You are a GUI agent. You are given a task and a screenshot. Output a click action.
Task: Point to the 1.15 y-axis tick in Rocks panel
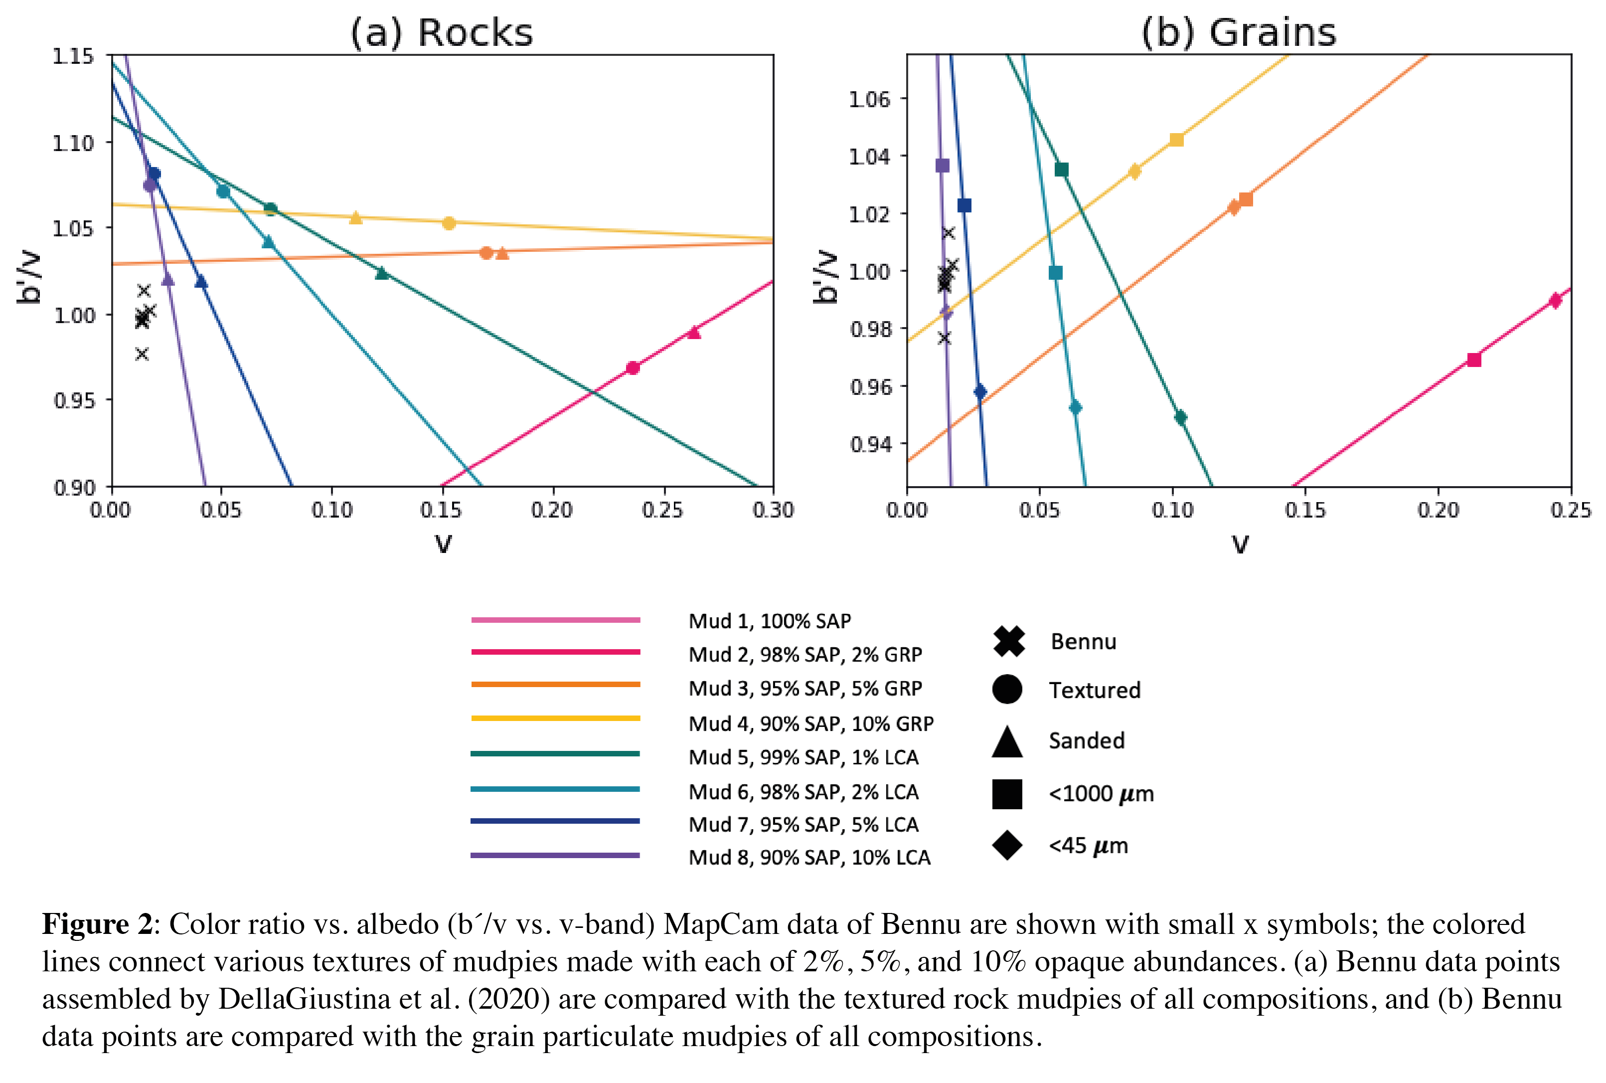tap(73, 56)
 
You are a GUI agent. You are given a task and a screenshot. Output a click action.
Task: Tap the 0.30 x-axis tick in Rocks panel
tap(773, 511)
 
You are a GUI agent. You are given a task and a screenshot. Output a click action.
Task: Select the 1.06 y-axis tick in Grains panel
tap(869, 99)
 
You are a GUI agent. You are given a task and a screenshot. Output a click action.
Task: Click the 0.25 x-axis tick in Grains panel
tap(1571, 511)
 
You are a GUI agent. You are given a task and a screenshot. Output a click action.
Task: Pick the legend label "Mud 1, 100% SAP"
tap(769, 621)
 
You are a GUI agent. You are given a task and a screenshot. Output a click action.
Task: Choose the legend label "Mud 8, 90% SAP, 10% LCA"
tap(809, 857)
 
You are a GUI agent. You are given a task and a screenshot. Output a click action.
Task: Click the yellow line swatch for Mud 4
tap(555, 719)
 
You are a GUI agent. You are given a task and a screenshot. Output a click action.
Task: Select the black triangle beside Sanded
tap(1007, 741)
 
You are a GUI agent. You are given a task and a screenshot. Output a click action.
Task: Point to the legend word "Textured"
tap(1095, 690)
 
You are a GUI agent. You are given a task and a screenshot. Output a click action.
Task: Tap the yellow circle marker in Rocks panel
tap(449, 223)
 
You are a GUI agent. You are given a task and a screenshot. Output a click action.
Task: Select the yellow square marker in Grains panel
tap(1176, 140)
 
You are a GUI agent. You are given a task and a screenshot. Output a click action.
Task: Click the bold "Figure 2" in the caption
tap(97, 924)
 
